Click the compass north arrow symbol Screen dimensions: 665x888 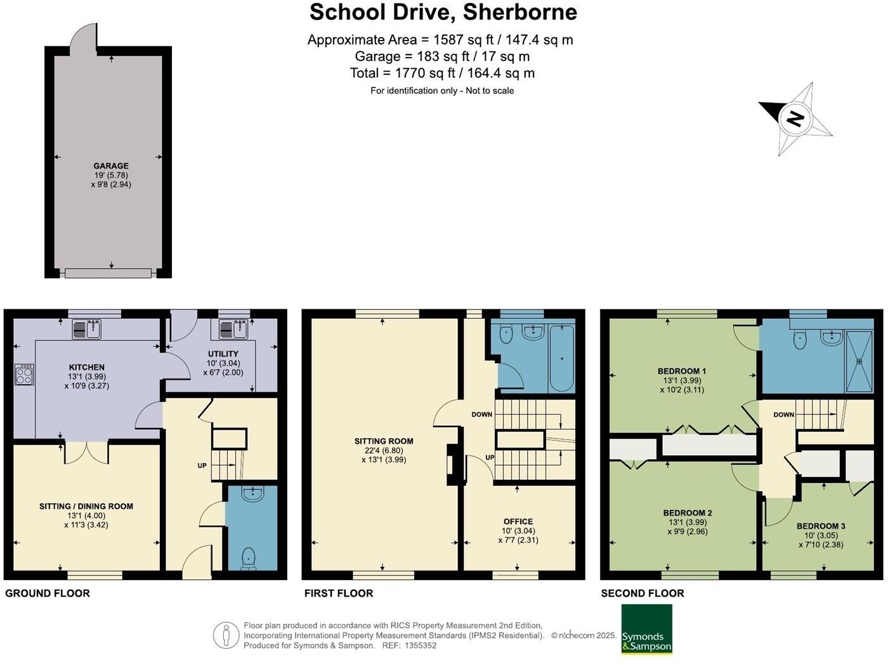tap(795, 119)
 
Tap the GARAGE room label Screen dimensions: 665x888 tap(111, 166)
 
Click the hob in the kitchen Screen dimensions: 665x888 tap(24, 374)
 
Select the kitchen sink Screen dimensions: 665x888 tap(86, 329)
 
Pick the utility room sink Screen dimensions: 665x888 tap(233, 329)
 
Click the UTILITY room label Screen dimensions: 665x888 tap(223, 354)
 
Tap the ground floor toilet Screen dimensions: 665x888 tap(249, 558)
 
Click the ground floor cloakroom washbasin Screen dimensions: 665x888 tap(252, 493)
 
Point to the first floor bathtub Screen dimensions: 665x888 tap(562, 358)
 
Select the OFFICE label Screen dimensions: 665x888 tap(518, 522)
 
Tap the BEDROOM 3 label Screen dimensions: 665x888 tap(821, 526)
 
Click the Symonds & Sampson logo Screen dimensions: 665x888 tap(646, 629)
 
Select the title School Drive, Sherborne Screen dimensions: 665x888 tap(443, 12)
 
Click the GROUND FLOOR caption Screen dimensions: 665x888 tap(48, 593)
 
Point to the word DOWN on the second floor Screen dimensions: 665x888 tap(783, 415)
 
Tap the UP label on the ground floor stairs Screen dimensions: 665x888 tap(202, 465)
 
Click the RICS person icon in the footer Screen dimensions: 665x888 tap(226, 635)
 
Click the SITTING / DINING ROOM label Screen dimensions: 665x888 tap(86, 507)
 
